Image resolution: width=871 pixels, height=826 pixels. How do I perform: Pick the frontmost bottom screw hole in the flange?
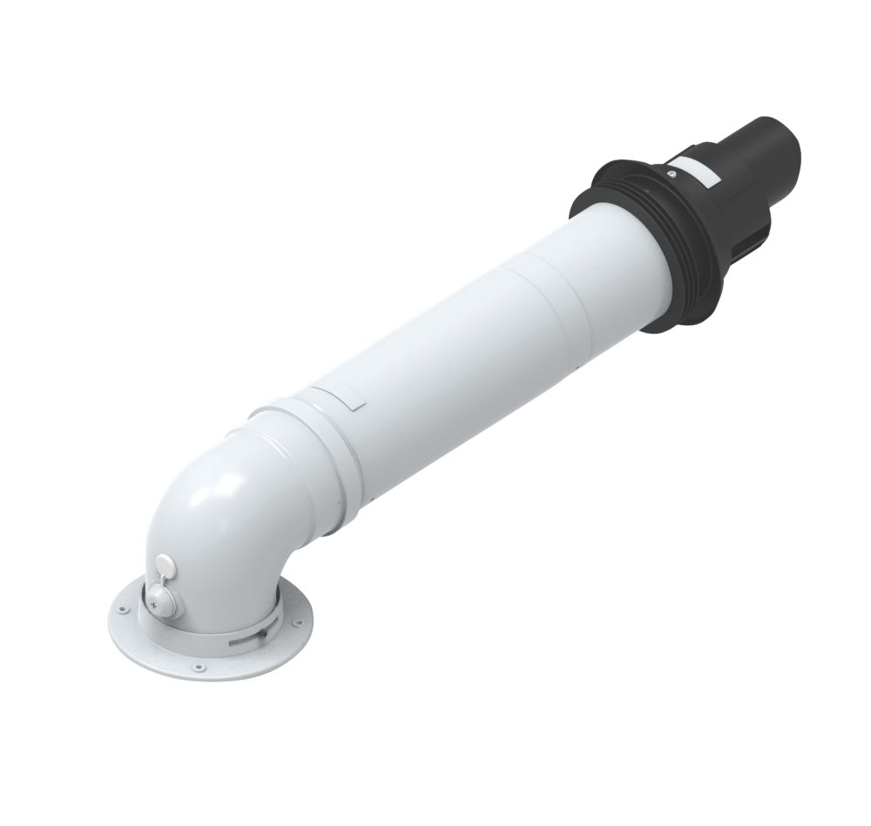tap(199, 667)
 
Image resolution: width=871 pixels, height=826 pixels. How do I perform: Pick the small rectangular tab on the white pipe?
tap(348, 398)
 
